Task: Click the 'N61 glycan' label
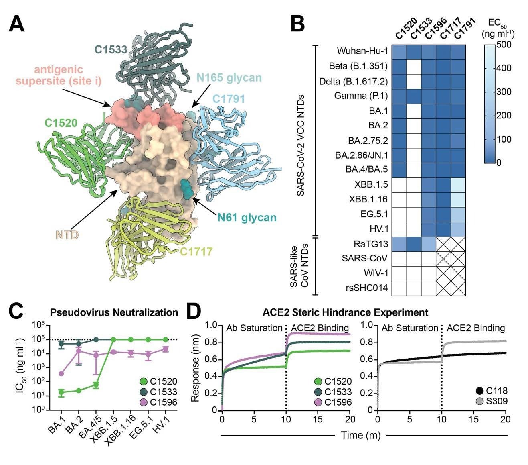point(247,218)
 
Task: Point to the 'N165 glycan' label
point(229,77)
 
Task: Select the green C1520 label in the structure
point(61,123)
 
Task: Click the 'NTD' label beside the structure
point(67,235)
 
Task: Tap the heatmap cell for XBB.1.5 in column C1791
point(458,185)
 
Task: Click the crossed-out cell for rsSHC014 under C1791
point(458,288)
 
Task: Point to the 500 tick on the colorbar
point(504,44)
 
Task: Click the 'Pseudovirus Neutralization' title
point(114,312)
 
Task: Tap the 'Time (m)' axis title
point(360,435)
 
